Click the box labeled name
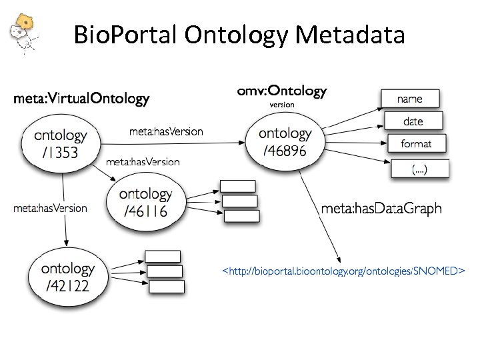tap(409, 99)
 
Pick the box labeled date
tap(413, 121)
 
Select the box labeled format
tap(416, 143)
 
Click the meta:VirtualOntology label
tap(81, 100)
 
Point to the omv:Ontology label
tap(282, 90)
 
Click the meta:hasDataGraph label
tap(381, 209)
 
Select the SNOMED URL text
tap(343, 271)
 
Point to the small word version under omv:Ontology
tap(282, 105)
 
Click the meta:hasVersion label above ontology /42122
tap(50, 208)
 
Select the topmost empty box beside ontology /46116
tap(238, 186)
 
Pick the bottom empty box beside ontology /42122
tap(166, 287)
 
